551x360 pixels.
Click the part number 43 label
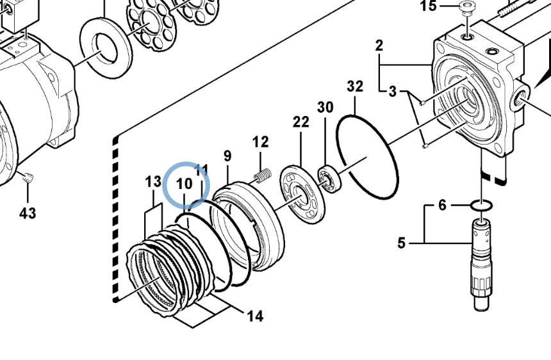pos(28,213)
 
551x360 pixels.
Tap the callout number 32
pos(355,86)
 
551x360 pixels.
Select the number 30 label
pos(325,107)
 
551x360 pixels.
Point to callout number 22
pos(301,122)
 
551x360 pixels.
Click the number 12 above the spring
pos(260,142)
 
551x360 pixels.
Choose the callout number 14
pos(255,315)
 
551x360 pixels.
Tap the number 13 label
pos(152,183)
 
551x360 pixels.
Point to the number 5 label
pos(402,243)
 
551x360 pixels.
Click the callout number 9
pos(227,156)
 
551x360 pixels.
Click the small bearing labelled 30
pos(331,178)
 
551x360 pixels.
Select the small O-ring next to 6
pos(482,206)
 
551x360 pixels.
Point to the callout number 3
pos(393,92)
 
